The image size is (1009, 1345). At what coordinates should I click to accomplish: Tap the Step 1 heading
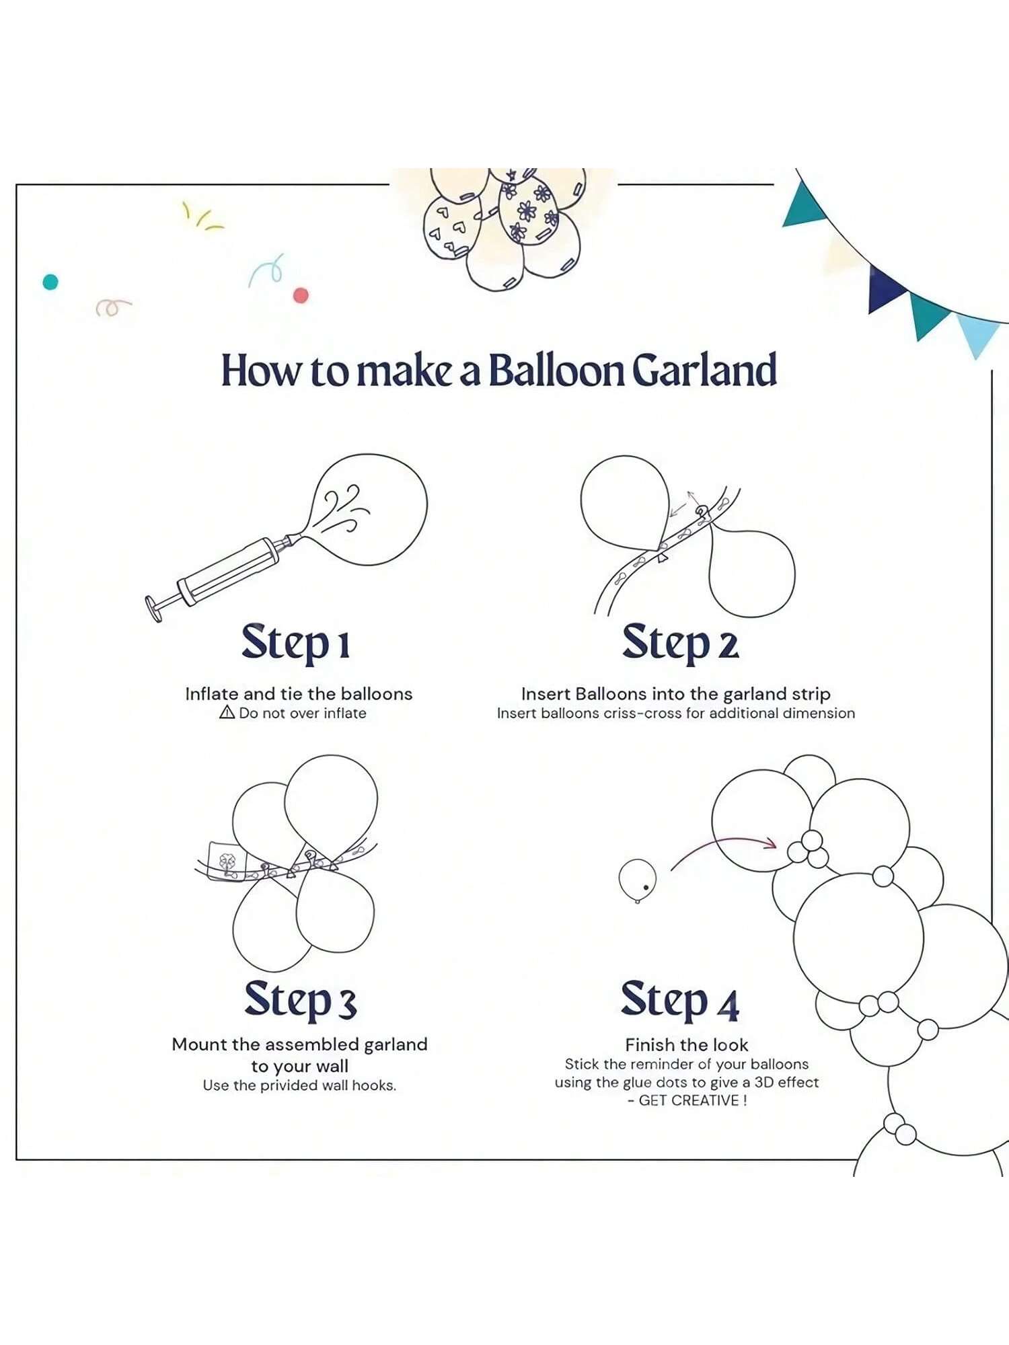click(296, 643)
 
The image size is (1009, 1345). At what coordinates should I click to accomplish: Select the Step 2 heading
click(680, 643)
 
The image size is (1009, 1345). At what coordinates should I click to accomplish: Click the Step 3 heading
click(300, 1000)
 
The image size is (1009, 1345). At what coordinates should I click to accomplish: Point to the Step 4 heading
click(680, 1000)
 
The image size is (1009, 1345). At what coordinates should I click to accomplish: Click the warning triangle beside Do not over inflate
click(227, 712)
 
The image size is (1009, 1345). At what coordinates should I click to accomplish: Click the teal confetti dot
click(50, 282)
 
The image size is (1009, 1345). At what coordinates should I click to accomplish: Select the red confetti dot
click(301, 295)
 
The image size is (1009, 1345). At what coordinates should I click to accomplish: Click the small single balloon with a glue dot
click(637, 880)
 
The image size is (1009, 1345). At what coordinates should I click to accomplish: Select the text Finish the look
click(686, 1044)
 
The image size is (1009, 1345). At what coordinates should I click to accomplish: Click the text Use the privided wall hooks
click(299, 1085)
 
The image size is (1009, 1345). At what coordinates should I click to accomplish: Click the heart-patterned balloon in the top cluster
click(451, 225)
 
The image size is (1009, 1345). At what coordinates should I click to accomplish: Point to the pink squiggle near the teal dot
click(113, 307)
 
